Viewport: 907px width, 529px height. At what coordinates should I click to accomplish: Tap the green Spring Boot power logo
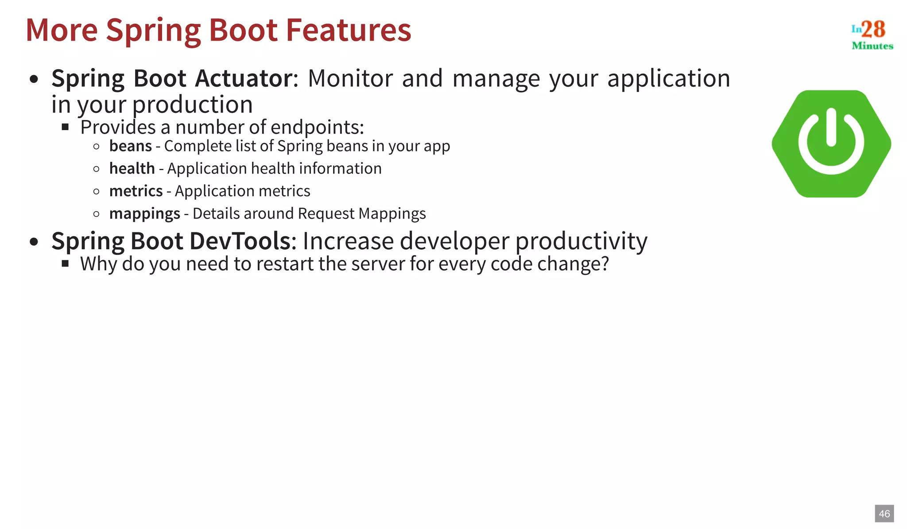click(x=831, y=144)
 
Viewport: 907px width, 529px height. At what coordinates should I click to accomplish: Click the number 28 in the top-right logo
click(x=873, y=29)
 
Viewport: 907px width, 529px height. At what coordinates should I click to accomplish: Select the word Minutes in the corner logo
click(x=872, y=46)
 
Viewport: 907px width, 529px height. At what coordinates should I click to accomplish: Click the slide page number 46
click(x=884, y=514)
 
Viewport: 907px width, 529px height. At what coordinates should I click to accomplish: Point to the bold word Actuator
click(x=244, y=78)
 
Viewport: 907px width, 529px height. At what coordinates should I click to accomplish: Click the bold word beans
click(x=130, y=146)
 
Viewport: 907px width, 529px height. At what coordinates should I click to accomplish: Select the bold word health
click(x=132, y=169)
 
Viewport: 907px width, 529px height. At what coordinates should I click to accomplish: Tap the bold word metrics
click(x=136, y=191)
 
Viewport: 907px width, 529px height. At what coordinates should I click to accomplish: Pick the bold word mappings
click(x=144, y=214)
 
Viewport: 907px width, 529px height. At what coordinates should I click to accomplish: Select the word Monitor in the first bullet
click(x=350, y=78)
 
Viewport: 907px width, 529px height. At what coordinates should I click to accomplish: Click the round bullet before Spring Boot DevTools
click(x=34, y=242)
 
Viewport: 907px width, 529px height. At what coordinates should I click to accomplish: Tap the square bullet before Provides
click(x=66, y=127)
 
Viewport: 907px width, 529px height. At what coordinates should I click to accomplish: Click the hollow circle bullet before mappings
click(x=97, y=214)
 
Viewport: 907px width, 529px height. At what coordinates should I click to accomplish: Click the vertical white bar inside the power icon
click(x=831, y=127)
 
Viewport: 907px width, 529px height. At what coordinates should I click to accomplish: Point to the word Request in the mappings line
click(x=326, y=214)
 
